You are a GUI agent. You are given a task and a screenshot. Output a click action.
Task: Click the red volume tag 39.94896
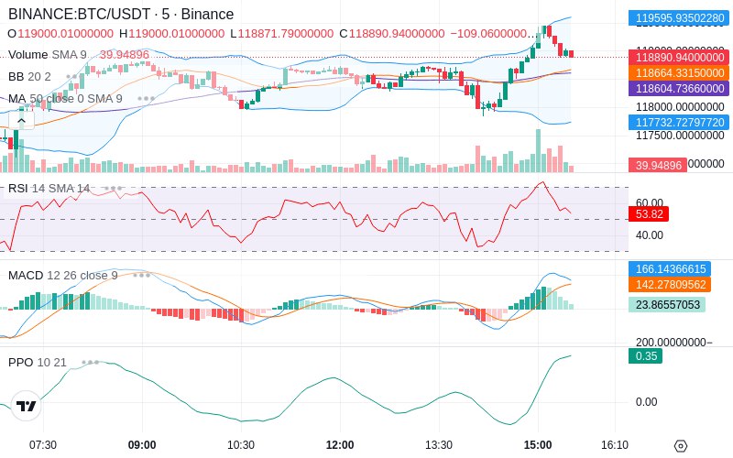point(655,165)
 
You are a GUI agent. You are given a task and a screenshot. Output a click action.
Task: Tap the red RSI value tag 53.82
point(648,213)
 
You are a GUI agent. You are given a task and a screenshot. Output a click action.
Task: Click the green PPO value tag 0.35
point(645,356)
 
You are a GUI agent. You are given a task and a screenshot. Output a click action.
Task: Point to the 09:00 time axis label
point(142,444)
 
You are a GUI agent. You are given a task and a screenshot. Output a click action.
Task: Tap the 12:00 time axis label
point(340,444)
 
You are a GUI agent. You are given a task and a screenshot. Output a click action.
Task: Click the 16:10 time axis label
point(615,444)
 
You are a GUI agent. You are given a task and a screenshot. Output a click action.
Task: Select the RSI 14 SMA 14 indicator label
point(49,189)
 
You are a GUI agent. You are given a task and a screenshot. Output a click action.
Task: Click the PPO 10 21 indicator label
point(38,362)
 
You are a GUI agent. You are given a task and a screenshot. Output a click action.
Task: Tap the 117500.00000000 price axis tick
point(680,136)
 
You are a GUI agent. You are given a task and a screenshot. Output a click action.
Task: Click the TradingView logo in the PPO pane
point(27,406)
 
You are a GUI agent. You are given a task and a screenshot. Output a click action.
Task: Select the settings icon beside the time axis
point(680,446)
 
